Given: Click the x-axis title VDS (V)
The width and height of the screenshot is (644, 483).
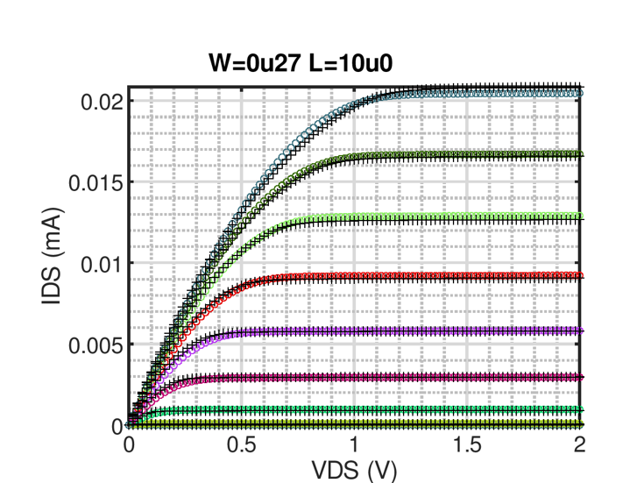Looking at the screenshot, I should point(353,471).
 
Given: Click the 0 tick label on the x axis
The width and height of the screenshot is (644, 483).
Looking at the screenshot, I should point(129,445).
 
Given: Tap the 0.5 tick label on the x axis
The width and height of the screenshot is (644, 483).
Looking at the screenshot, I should point(241,445).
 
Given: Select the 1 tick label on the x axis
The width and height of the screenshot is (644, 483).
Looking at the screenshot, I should point(354,445).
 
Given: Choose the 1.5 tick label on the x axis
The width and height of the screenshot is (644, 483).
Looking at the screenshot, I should point(466,445).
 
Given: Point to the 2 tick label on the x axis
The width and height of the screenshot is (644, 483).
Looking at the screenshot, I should point(579,445).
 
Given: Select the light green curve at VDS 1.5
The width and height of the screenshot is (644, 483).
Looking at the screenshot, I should point(466,217).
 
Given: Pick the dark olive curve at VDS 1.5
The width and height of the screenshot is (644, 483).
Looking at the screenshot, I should point(466,154).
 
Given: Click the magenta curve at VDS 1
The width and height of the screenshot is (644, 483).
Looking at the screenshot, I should point(354,377).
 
